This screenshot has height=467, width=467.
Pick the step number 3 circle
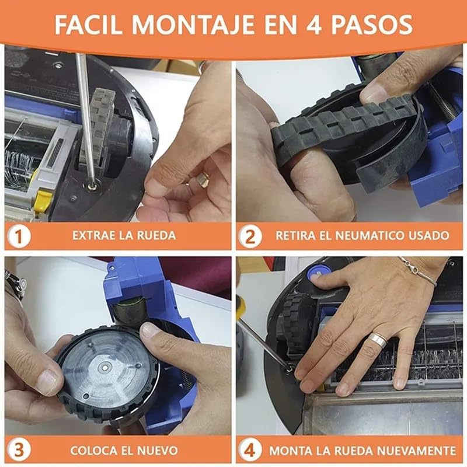[x=19, y=451]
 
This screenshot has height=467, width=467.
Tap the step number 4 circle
[x=251, y=451]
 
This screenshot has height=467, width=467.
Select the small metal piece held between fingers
[x=202, y=179]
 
